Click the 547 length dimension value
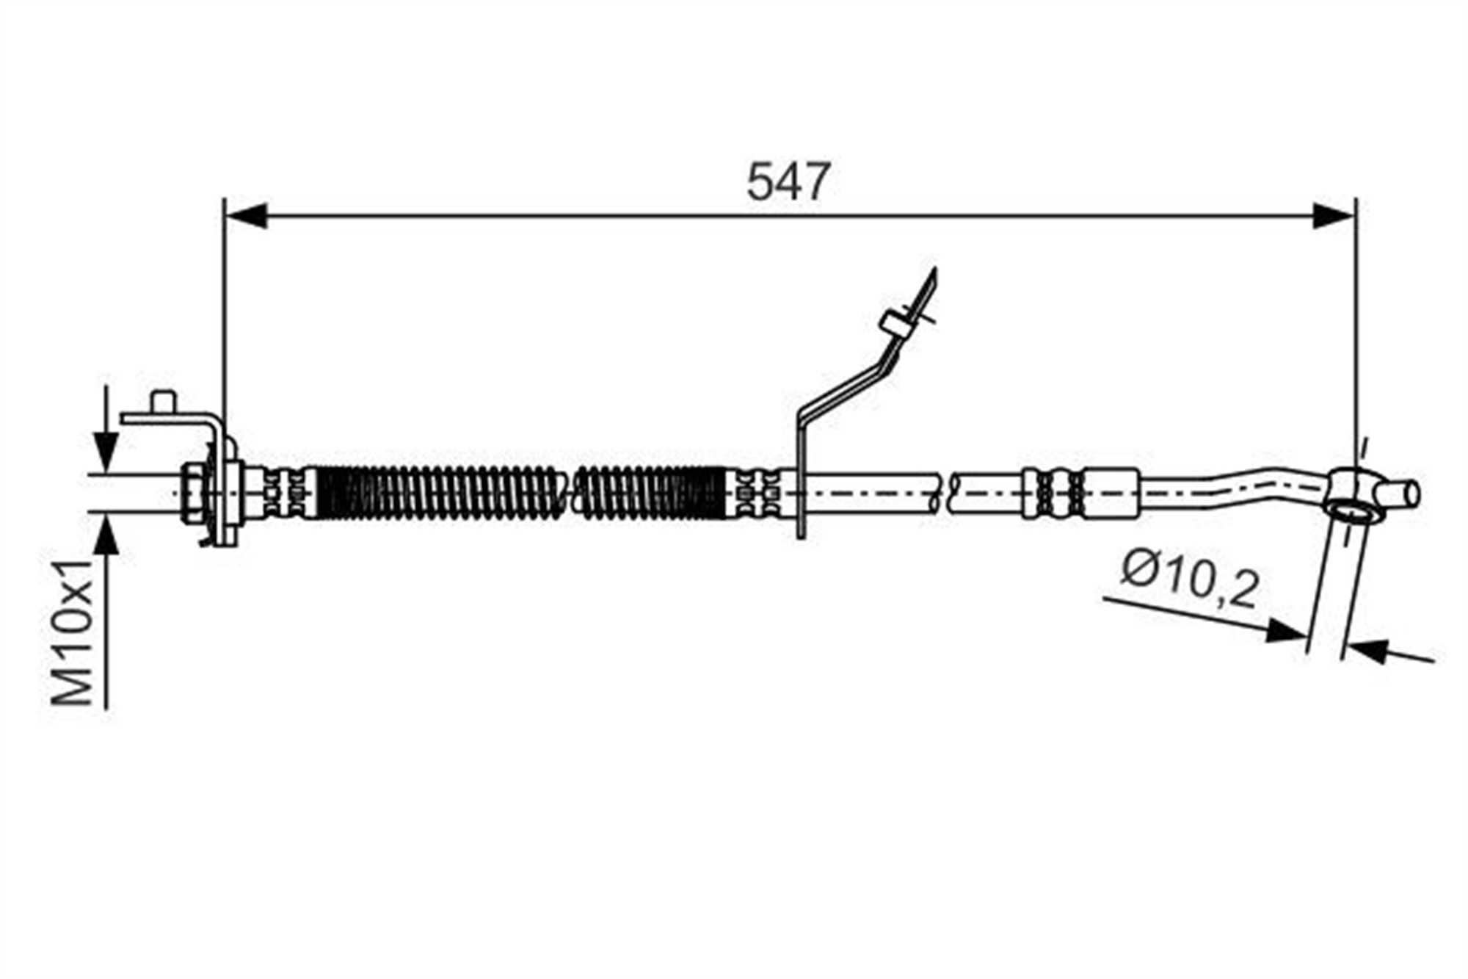click(x=788, y=181)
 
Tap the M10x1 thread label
click(x=73, y=632)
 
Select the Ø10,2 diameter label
click(x=1190, y=581)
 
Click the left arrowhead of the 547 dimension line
click(x=245, y=216)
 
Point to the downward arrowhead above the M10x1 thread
click(x=106, y=453)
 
